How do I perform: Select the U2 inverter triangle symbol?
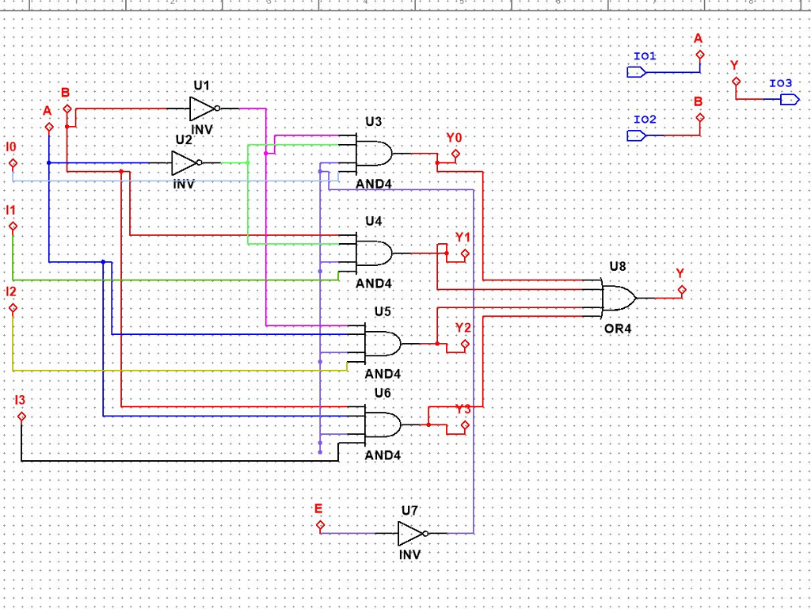(x=185, y=163)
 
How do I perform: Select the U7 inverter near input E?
(x=411, y=533)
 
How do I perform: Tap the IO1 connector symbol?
(x=637, y=72)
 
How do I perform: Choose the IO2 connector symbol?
(x=637, y=135)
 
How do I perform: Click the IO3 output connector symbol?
(x=789, y=99)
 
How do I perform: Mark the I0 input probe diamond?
(x=13, y=164)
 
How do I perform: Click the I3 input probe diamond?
(x=21, y=417)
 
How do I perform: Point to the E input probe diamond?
(x=320, y=524)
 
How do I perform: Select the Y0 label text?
(x=453, y=138)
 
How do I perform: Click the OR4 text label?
(x=618, y=328)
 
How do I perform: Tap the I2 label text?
(x=10, y=291)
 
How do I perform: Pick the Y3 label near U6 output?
(x=463, y=409)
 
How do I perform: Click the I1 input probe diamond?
(x=13, y=226)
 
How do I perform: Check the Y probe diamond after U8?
(x=682, y=290)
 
